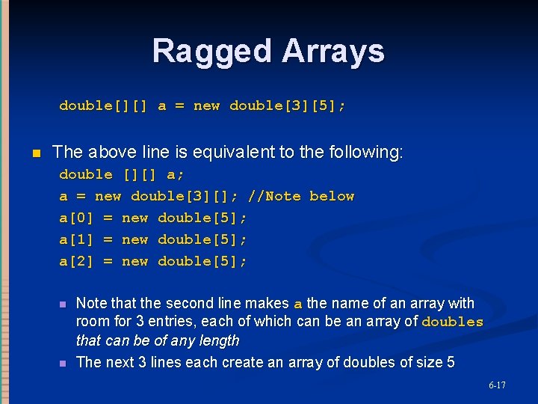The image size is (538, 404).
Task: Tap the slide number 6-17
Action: (497, 385)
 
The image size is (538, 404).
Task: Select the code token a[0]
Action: (77, 218)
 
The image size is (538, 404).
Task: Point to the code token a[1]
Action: (77, 239)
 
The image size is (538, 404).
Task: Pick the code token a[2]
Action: (77, 261)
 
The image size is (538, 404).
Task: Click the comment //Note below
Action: (301, 196)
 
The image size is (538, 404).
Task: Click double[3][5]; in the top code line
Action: (288, 105)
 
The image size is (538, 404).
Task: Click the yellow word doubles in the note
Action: (453, 322)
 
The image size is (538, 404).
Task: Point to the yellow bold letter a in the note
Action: (298, 304)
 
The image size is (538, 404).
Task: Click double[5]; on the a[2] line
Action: (202, 261)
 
